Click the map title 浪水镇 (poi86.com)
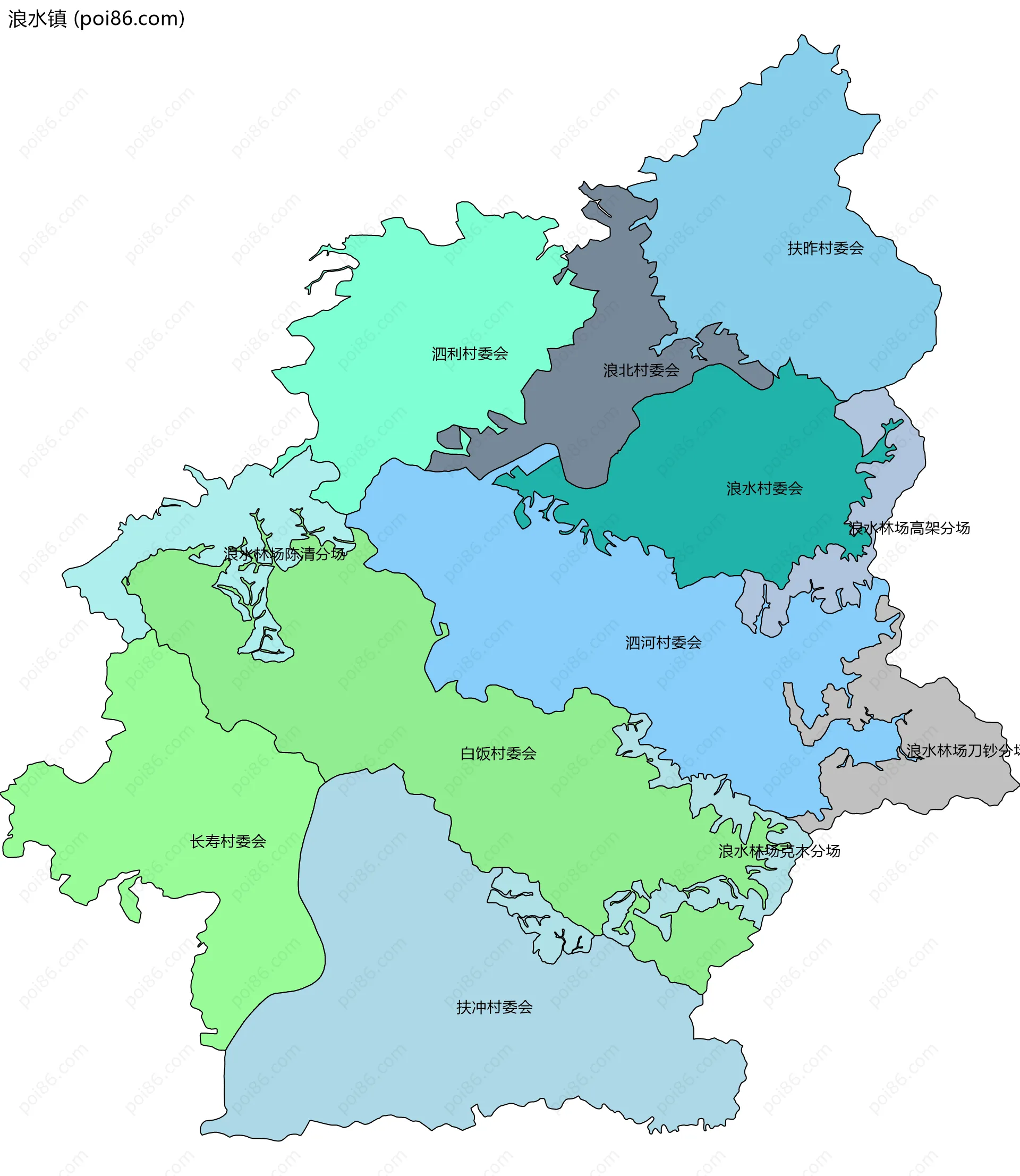click(x=96, y=19)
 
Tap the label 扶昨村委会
click(x=826, y=248)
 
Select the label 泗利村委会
click(x=470, y=354)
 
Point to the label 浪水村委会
click(x=764, y=488)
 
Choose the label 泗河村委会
click(x=663, y=642)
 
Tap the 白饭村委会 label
click(x=498, y=754)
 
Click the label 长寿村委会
click(x=228, y=841)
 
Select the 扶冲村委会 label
click(x=494, y=1008)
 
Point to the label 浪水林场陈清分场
click(x=284, y=554)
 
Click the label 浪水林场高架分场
click(x=909, y=528)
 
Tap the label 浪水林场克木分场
click(x=779, y=851)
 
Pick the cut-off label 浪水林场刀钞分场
click(x=962, y=751)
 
